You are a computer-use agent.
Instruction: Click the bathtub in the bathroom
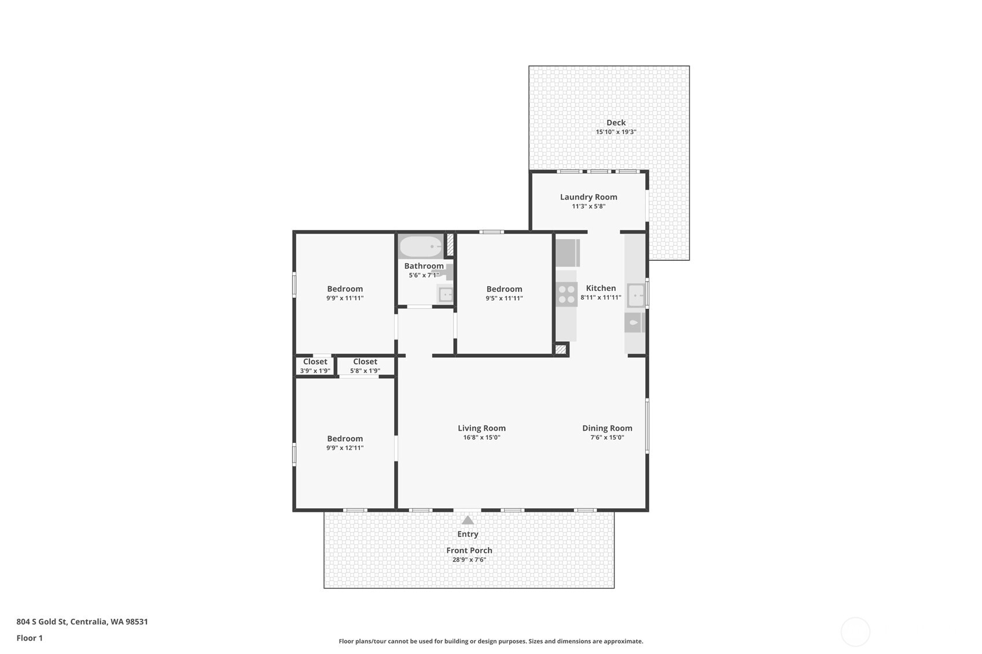(421, 247)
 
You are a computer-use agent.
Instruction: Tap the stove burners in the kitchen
(567, 294)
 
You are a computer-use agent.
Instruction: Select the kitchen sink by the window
(635, 295)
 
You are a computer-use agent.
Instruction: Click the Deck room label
(616, 123)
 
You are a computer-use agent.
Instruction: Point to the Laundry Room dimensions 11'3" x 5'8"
(589, 206)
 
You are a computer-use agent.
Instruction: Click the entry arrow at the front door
(468, 520)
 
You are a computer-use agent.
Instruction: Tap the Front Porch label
(469, 550)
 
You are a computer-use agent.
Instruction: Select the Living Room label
(481, 428)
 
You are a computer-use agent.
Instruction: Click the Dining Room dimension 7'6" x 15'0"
(607, 438)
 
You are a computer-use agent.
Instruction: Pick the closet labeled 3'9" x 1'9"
(315, 366)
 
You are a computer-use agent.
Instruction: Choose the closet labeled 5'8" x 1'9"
(365, 366)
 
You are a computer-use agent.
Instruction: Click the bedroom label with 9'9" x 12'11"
(345, 439)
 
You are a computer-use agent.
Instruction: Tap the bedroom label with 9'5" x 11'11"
(504, 289)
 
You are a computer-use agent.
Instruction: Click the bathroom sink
(446, 294)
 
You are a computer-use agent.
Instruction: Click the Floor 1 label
(30, 638)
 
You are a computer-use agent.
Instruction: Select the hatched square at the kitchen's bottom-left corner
(560, 349)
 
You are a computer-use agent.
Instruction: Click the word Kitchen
(601, 288)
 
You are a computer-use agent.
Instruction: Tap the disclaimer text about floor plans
(491, 641)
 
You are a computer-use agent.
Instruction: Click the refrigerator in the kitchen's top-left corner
(567, 253)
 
